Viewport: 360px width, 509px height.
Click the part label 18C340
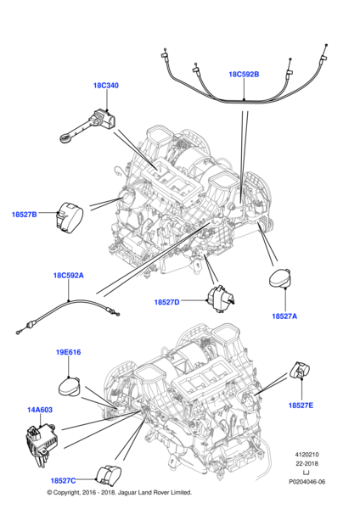(105, 86)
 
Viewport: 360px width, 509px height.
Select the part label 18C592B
(244, 74)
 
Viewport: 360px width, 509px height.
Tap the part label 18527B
(25, 215)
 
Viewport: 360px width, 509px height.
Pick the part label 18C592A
(69, 276)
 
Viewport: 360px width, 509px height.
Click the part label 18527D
(166, 302)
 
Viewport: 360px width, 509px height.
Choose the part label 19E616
(68, 352)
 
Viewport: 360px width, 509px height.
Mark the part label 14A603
(39, 410)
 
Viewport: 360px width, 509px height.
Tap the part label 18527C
(63, 480)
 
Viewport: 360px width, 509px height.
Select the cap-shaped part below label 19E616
(70, 387)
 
